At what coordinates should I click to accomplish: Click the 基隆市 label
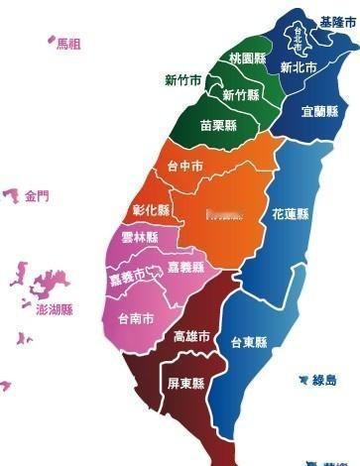click(x=338, y=22)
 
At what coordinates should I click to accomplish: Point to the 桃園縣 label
click(x=247, y=58)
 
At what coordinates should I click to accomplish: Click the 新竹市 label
click(x=183, y=80)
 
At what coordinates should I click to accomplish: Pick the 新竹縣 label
click(x=241, y=95)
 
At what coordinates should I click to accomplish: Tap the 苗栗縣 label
click(x=217, y=126)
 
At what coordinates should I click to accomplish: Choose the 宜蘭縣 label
click(x=319, y=112)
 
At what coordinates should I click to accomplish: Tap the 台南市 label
click(x=136, y=319)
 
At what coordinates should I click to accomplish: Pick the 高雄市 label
click(x=191, y=337)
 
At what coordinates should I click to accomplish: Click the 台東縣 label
click(x=249, y=343)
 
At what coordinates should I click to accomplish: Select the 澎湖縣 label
click(x=55, y=309)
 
